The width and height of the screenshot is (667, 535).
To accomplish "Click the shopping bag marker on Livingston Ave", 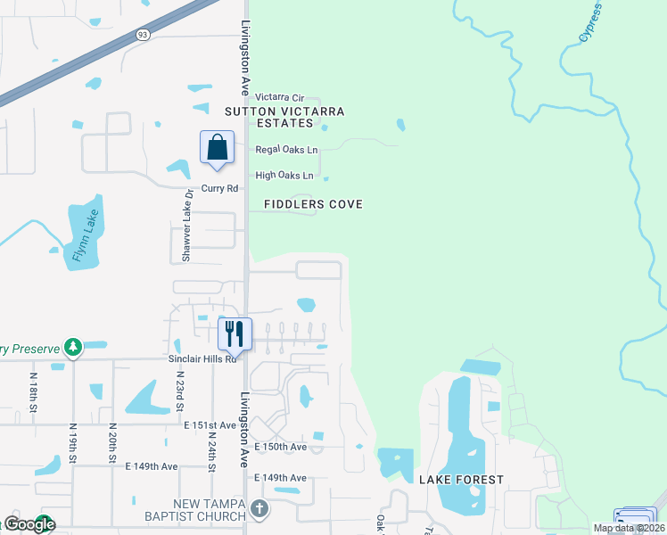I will [x=218, y=148].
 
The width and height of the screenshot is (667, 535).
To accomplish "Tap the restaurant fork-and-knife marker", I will [x=235, y=334].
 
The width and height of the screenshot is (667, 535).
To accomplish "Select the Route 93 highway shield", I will [x=143, y=34].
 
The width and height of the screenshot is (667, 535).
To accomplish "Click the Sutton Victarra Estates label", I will [x=284, y=117].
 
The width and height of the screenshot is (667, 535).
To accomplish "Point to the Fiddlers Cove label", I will [x=313, y=204].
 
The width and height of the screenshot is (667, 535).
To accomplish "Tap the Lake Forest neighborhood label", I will [x=461, y=480].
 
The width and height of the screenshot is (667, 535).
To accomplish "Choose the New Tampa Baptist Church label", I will [x=210, y=510].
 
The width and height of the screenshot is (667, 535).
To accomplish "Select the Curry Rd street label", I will [x=219, y=188].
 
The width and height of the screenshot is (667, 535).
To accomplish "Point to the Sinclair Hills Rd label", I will [x=202, y=358].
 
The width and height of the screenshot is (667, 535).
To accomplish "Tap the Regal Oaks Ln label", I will [x=287, y=150].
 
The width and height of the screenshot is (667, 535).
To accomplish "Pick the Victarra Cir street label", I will [x=280, y=97].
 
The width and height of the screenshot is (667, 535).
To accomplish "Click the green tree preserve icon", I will [x=73, y=347].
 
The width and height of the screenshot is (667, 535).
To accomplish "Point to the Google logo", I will [x=30, y=524].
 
